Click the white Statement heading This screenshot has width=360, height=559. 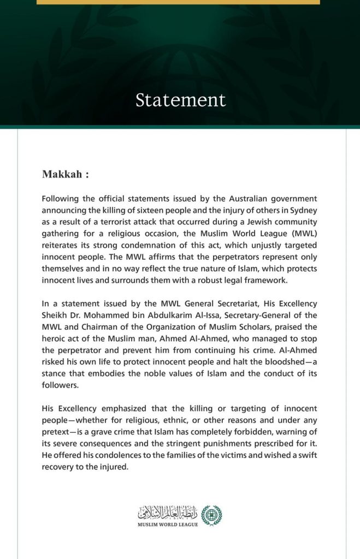click(x=180, y=100)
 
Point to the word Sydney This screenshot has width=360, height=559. click(x=303, y=210)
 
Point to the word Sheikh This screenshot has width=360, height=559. click(x=55, y=315)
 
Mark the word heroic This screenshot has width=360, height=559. click(x=55, y=338)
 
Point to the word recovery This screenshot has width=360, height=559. click(x=59, y=467)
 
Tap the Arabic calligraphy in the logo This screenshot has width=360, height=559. click(x=168, y=512)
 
